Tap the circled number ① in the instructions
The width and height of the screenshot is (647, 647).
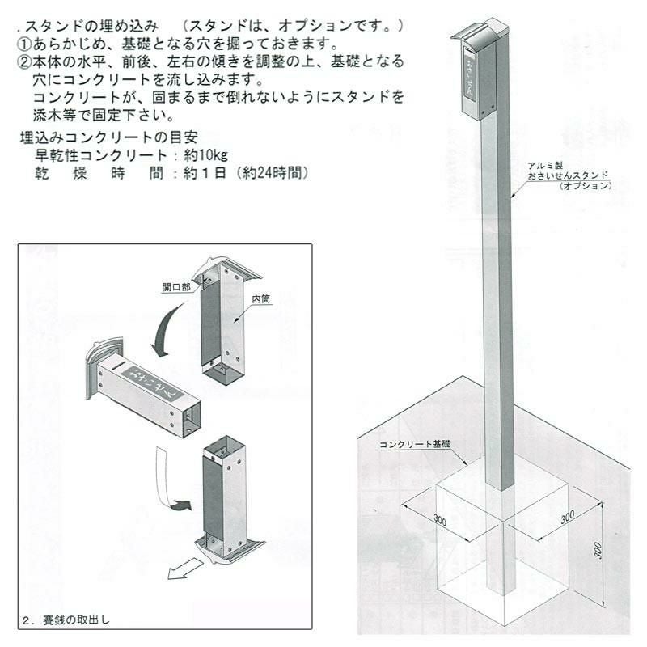tap(25, 44)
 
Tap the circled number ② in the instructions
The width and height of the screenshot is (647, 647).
tap(25, 62)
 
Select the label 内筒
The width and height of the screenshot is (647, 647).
tap(260, 298)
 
